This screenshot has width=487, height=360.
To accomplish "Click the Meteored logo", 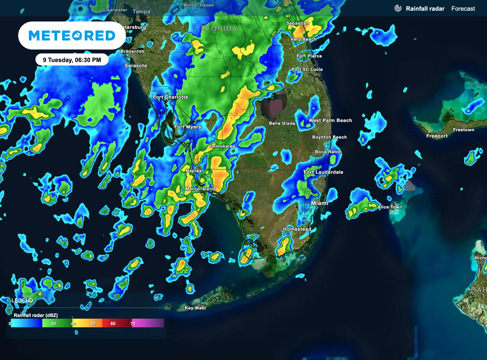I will click(x=72, y=36).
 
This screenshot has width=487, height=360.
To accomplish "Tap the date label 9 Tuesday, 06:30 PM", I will click(x=72, y=60).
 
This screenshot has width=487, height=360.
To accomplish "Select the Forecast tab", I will click(x=463, y=9).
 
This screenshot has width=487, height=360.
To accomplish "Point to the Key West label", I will click(x=195, y=308).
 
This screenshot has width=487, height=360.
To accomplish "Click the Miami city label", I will click(x=320, y=203).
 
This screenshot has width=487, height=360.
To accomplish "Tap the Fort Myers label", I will click(x=187, y=127).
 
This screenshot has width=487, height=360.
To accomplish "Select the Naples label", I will click(x=194, y=171).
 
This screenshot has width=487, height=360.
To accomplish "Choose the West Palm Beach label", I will click(x=330, y=120).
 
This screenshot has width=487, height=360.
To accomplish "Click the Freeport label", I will click(x=437, y=136).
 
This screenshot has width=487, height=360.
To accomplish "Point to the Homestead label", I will click(x=297, y=229).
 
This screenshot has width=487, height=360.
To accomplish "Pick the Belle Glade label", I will click(x=282, y=123).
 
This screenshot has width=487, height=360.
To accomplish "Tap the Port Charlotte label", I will click(x=170, y=97).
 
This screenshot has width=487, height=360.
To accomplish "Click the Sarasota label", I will click(x=136, y=66).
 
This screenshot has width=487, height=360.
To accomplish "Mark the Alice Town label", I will click(x=390, y=207).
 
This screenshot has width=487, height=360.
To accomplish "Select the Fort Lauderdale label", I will click(x=323, y=172).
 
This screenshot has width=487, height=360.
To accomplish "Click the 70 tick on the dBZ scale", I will click(x=133, y=323).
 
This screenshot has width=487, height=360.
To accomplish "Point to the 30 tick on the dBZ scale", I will click(x=54, y=323).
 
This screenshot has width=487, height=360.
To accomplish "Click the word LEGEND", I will click(x=22, y=301).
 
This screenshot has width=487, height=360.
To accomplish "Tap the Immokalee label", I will click(x=223, y=146).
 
